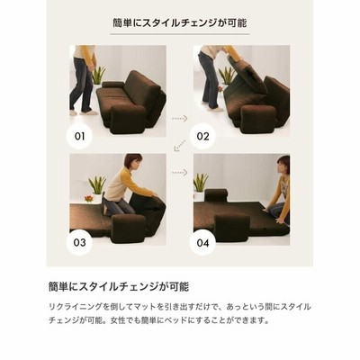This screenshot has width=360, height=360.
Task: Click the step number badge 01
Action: [x=79, y=137]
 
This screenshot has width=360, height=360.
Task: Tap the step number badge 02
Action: [x=202, y=137]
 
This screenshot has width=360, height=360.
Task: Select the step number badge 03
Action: [x=79, y=242]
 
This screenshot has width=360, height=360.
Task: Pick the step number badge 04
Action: [x=202, y=242]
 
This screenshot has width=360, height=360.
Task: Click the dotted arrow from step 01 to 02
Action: [x=180, y=119]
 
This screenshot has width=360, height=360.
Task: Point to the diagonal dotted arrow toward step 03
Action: [x=180, y=146]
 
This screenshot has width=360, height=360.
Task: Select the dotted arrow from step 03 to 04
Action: [x=180, y=173]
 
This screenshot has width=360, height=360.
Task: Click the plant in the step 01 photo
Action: [x=98, y=75]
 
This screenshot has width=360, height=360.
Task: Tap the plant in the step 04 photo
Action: [x=201, y=183]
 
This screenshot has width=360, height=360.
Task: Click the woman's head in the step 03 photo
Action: [x=133, y=161]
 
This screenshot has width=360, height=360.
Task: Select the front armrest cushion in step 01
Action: [x=128, y=119]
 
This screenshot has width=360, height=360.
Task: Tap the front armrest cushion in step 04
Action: [x=231, y=228]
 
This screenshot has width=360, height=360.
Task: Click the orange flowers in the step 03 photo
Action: [x=89, y=198]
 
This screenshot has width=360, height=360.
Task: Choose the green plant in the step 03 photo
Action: [x=97, y=184]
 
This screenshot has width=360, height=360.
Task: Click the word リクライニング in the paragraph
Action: [x=76, y=307]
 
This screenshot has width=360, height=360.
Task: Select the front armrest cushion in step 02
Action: [x=258, y=119]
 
